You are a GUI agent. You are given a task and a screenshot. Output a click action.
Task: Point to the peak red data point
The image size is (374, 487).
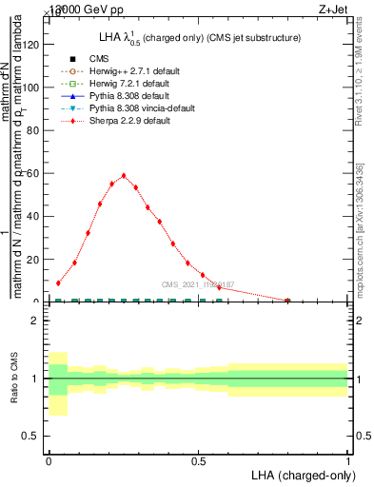[x=124, y=175]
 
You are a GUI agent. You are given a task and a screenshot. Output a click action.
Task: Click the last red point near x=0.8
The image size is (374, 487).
[x=288, y=300]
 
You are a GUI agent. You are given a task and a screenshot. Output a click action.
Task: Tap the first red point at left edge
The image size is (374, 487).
[x=59, y=282]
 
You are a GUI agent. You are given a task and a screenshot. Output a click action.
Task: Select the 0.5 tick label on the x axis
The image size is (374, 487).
[x=199, y=460]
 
